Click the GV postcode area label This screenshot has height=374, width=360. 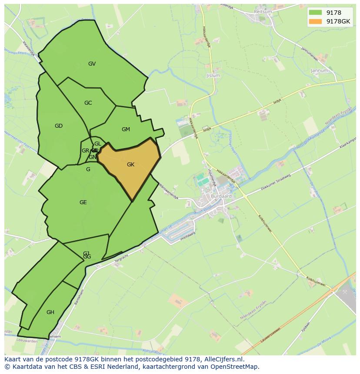(x=92, y=64)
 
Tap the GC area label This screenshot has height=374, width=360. (x=88, y=103)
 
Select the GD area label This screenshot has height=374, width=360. (x=59, y=126)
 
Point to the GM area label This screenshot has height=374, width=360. (x=126, y=129)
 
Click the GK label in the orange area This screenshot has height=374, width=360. (x=130, y=165)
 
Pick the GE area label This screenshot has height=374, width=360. (x=83, y=202)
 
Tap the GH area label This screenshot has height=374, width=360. (x=50, y=312)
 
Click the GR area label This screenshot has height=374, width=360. (x=85, y=151)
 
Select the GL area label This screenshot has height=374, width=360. (x=97, y=144)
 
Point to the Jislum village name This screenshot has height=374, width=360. (x=213, y=76)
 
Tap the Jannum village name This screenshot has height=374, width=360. (x=319, y=70)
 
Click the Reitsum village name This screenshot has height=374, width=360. (x=263, y=12)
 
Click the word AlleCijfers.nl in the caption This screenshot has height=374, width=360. (x=223, y=359)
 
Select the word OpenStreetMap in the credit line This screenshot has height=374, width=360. (x=237, y=367)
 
